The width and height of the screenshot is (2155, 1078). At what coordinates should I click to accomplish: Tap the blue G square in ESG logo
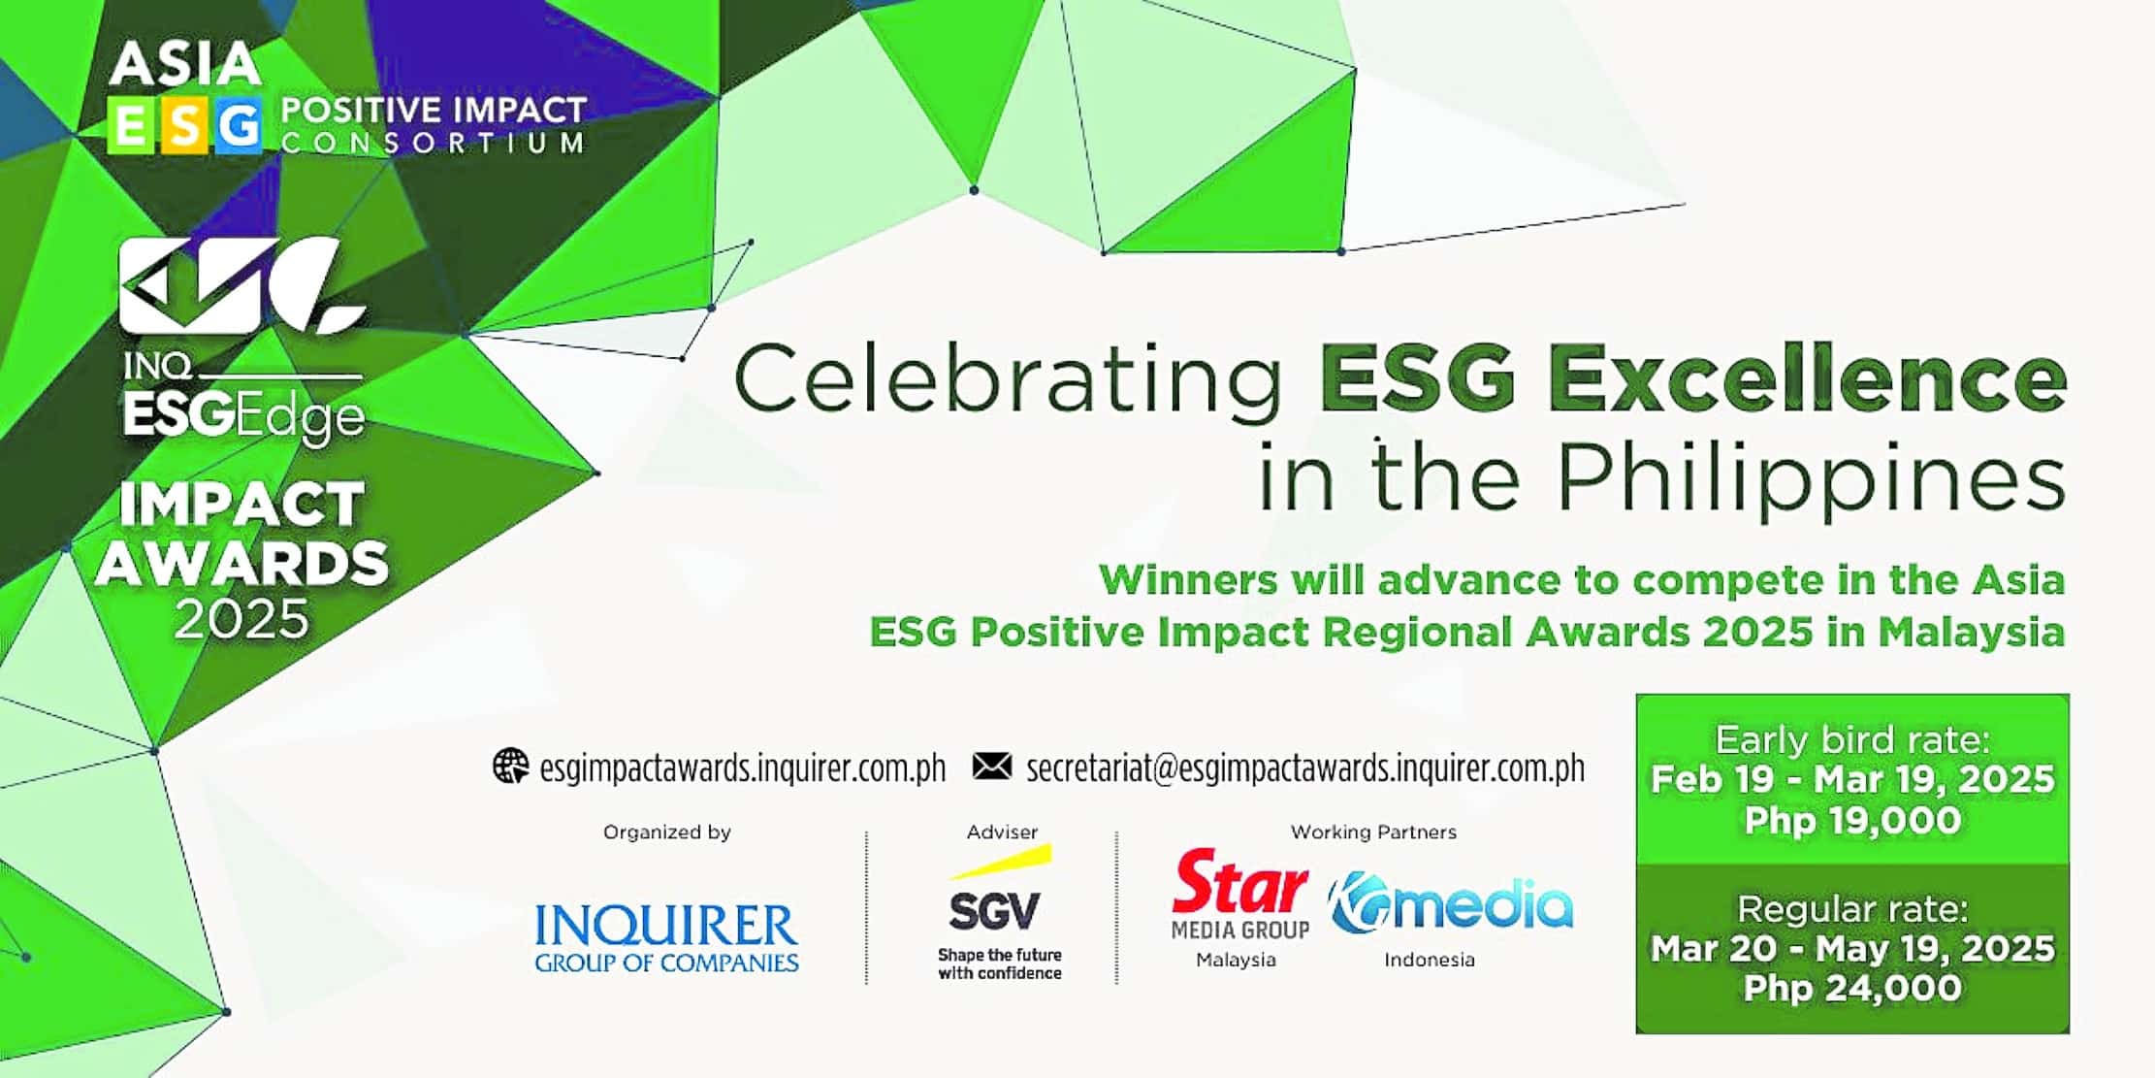[238, 125]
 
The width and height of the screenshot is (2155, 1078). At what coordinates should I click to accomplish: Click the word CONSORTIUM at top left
[433, 143]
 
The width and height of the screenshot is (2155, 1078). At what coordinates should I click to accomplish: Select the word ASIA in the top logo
[184, 64]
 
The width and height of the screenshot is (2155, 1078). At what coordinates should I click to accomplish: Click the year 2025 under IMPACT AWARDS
[241, 619]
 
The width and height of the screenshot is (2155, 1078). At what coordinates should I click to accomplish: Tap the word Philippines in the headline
[1811, 478]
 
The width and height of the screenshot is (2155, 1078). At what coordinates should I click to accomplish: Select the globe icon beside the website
[510, 767]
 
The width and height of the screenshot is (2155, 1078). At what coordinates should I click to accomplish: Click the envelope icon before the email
[991, 767]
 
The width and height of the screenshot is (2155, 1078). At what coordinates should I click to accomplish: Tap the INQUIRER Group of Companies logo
[666, 937]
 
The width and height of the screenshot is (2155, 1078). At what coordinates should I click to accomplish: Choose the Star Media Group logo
[1239, 893]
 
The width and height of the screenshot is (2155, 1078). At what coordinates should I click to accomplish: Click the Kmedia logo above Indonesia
[1449, 904]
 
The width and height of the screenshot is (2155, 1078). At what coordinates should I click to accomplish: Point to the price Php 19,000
[1851, 821]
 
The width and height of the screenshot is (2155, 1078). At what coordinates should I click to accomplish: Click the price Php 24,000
[1851, 989]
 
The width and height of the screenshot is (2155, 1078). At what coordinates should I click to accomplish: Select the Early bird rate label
[1851, 740]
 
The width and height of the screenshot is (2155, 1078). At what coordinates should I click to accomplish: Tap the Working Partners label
[1372, 833]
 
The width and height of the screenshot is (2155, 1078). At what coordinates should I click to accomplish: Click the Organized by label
[666, 833]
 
